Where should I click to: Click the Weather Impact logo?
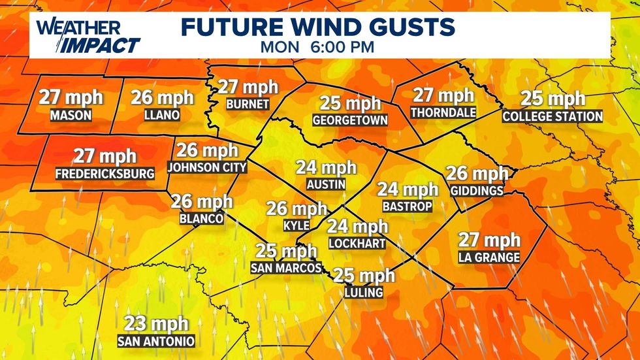click(88, 36)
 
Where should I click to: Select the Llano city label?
click(162, 115)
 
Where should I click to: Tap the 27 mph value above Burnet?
click(248, 87)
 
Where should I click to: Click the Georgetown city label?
click(350, 120)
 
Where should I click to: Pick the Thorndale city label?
click(443, 112)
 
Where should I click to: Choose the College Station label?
click(552, 116)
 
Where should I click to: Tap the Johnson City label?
click(208, 167)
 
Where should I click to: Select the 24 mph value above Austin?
click(327, 167)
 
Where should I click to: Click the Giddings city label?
click(477, 191)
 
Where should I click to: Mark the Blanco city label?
click(202, 219)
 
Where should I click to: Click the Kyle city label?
click(296, 226)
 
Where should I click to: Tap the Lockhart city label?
click(357, 243)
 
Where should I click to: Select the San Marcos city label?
click(286, 268)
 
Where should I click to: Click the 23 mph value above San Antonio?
click(156, 323)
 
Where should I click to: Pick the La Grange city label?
click(489, 257)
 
